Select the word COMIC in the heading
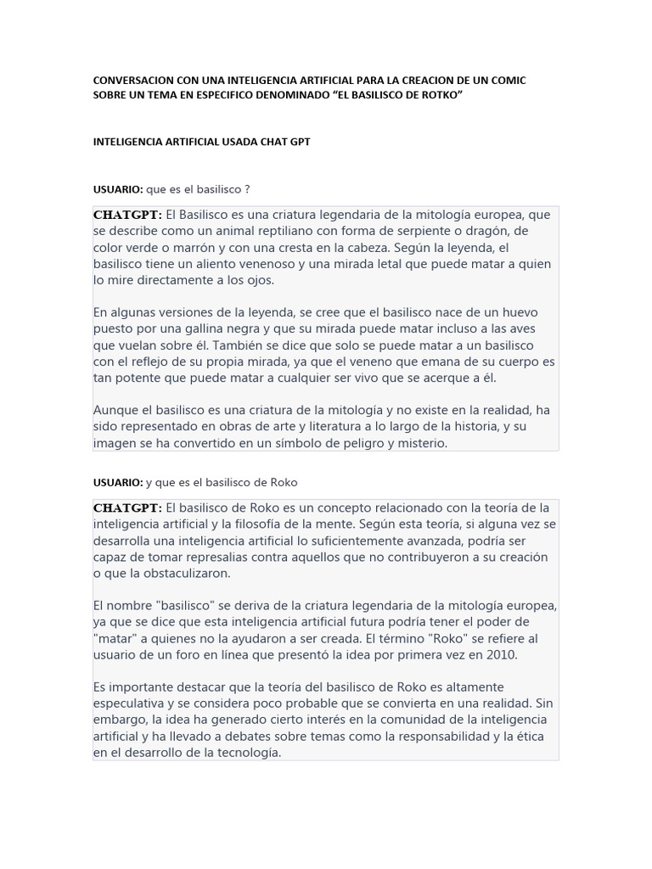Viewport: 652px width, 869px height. (508, 80)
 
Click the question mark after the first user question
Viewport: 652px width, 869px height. (247, 188)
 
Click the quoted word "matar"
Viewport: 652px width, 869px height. (114, 638)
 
